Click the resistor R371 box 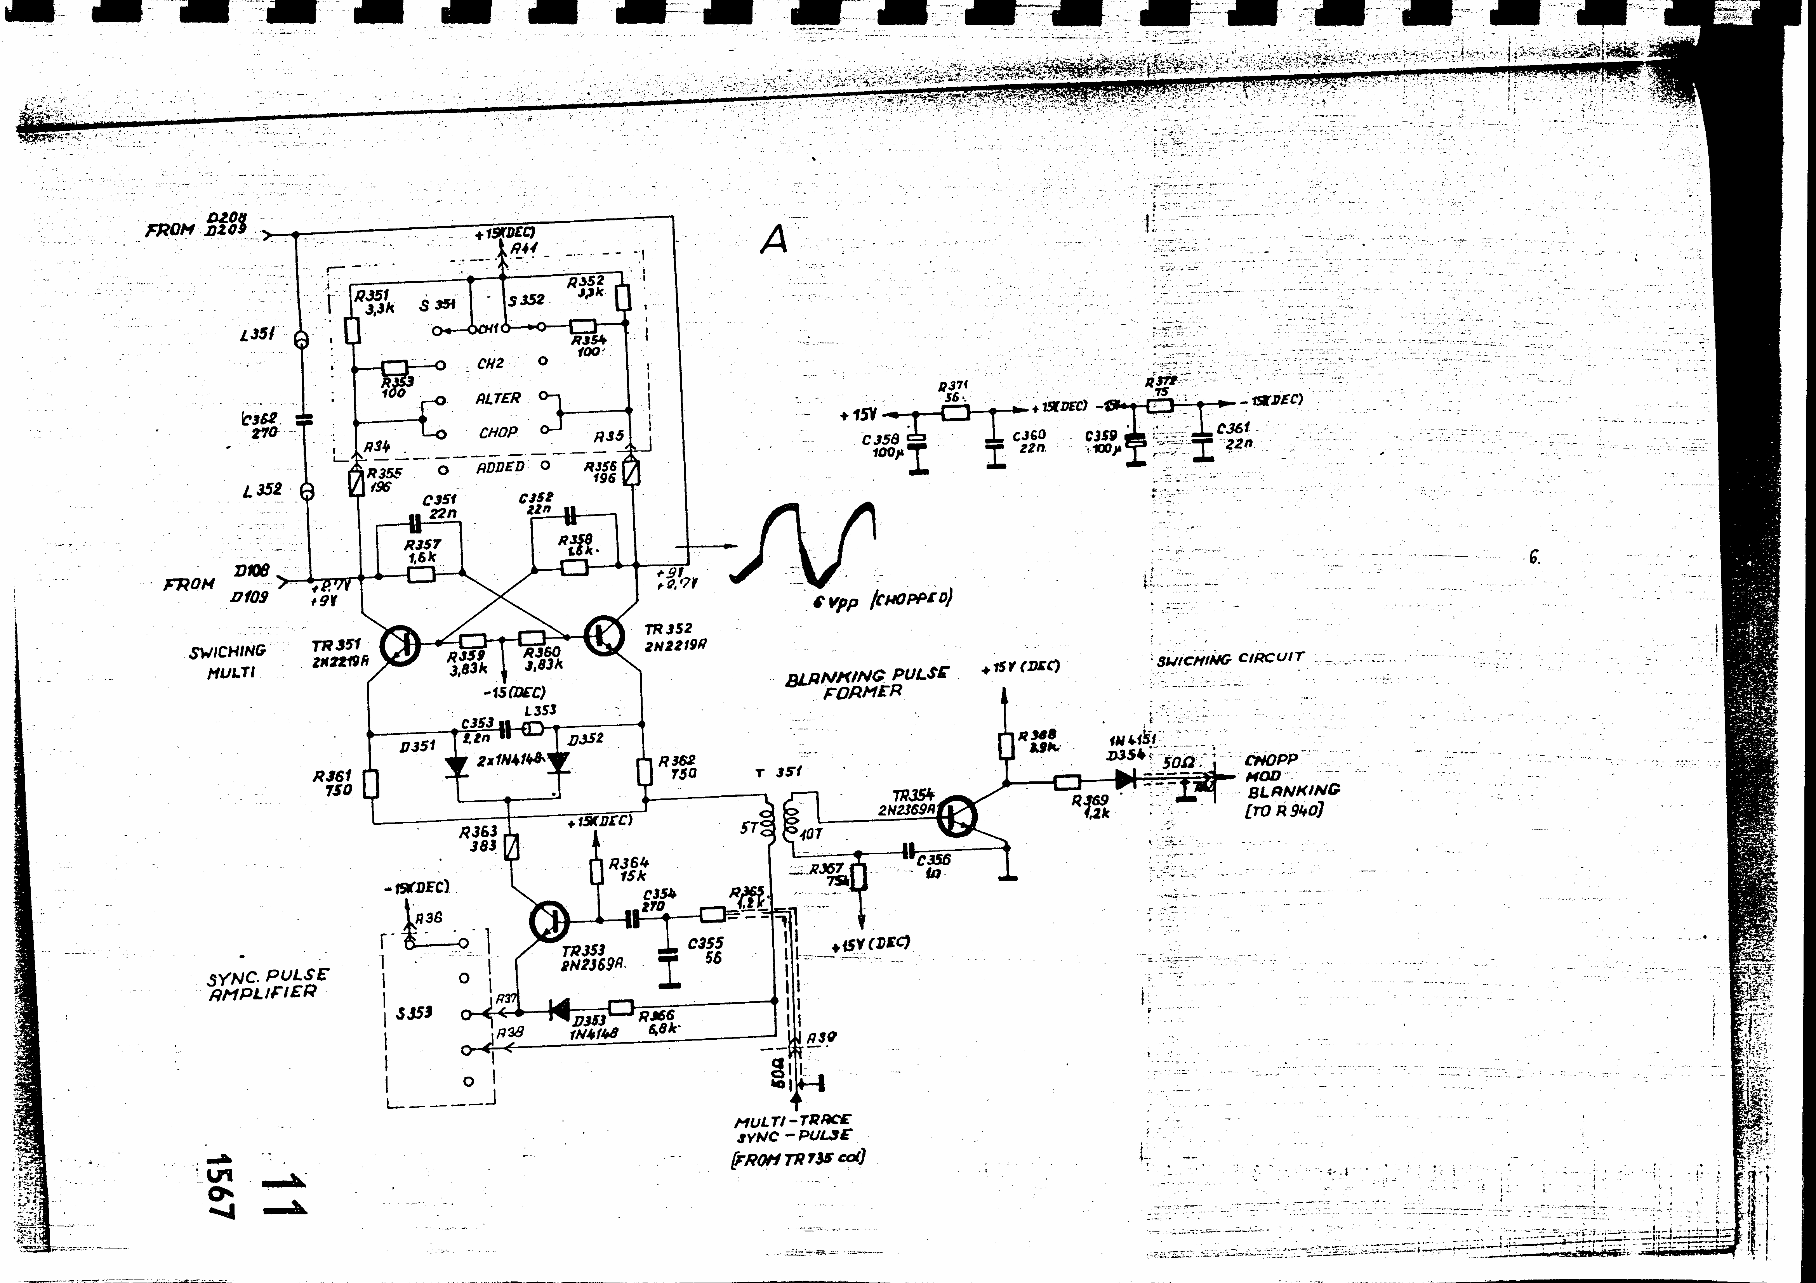point(956,412)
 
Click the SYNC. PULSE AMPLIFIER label point(268,984)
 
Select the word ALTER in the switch point(497,398)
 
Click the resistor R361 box point(370,784)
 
